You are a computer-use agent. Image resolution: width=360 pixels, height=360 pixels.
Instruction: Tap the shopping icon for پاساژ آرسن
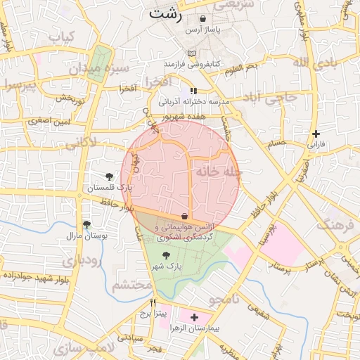(203, 19)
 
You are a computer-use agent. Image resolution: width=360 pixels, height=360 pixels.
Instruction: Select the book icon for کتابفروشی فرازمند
(192, 53)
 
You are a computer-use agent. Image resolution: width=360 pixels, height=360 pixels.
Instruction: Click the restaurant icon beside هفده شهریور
(193, 91)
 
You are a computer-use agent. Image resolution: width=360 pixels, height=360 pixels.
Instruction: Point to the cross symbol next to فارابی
(316, 134)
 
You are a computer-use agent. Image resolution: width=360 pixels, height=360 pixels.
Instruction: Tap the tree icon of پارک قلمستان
(109, 176)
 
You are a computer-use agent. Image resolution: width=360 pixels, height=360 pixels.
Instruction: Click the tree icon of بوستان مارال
(86, 225)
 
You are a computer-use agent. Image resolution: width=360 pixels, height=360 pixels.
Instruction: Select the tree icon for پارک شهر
(166, 256)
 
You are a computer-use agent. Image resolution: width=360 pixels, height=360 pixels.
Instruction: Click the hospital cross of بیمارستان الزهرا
(195, 318)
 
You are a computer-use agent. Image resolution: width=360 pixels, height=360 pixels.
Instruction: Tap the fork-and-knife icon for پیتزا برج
(153, 303)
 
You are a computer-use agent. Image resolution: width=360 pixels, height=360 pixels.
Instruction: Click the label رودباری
(82, 260)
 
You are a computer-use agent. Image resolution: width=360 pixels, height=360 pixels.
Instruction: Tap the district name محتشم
(131, 285)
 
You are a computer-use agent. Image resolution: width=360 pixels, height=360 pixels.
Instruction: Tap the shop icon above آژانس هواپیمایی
(184, 215)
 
